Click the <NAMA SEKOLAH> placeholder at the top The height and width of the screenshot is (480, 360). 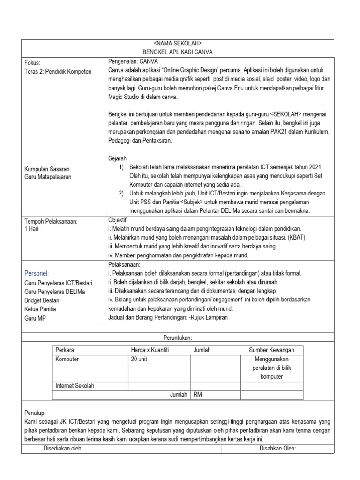coord(178,44)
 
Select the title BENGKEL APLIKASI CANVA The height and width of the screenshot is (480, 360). coord(178,52)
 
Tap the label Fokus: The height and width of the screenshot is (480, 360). coord(32,63)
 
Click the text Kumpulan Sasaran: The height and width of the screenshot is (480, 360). coord(47,168)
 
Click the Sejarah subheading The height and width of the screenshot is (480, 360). coord(118,158)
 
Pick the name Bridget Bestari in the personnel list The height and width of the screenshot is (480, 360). coord(45,300)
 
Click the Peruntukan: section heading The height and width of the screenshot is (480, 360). coord(178,337)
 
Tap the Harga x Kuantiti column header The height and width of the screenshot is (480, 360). coord(150,350)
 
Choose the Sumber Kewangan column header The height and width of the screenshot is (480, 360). coord(271,350)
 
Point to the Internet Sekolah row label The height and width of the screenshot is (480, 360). coord(75,386)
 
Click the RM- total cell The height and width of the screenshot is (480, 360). coord(199,395)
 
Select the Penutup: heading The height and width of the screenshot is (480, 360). coord(35,413)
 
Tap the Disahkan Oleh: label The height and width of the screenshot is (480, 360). coord(277,449)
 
